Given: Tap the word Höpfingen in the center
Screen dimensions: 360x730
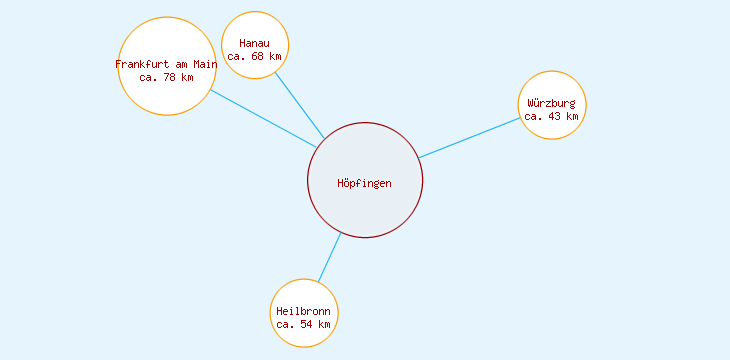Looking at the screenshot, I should point(365,183).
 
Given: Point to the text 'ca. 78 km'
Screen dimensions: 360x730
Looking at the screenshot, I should point(166,77).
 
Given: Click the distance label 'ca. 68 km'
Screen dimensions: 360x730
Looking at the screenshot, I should point(255,56).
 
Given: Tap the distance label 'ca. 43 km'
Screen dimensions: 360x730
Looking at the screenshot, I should point(552,116).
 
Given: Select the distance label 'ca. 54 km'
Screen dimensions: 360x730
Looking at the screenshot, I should point(304,324).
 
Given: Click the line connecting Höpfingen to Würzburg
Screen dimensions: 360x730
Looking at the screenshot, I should point(470,137).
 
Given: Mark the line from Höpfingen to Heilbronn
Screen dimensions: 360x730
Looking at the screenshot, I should point(329,258).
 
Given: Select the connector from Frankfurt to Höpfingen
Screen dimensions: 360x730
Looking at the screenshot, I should point(263,118).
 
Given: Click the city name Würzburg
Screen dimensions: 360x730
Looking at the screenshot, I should point(552,103).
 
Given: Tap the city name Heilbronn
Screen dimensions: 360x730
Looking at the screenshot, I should point(304,311).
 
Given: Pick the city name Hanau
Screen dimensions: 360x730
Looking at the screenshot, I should point(255,43).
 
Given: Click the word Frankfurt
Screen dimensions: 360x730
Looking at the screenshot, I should point(142,64).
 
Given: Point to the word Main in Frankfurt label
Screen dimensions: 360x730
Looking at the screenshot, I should point(205,64).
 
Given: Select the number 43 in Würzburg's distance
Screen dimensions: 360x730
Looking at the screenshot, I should point(552,116).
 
